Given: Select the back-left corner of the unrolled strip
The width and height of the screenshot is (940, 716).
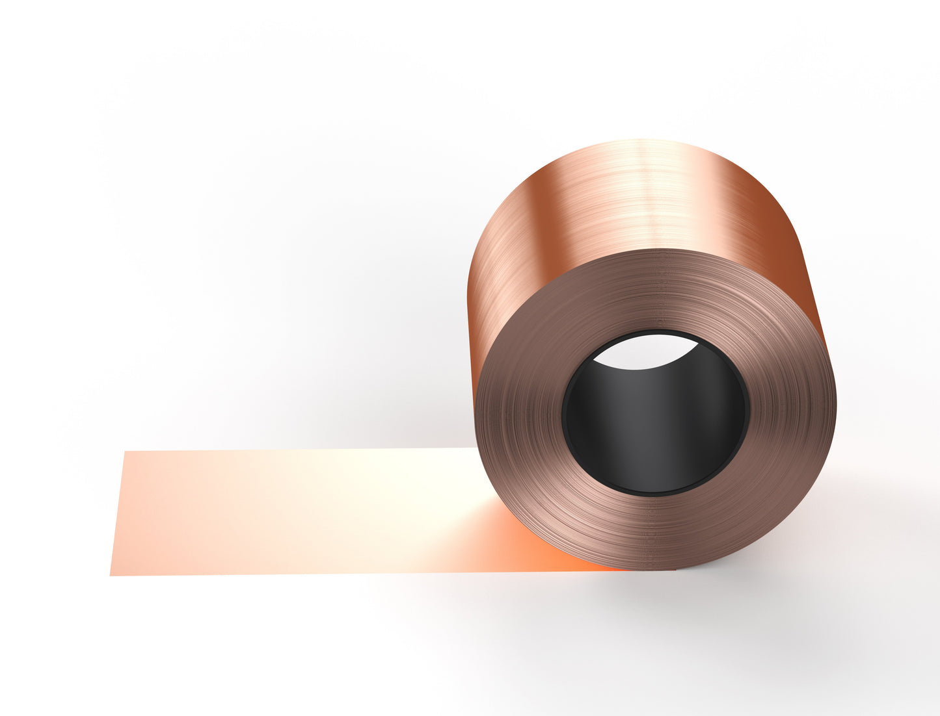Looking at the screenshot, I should (x=125, y=452).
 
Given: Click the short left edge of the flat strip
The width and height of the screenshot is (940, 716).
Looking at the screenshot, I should (x=118, y=513).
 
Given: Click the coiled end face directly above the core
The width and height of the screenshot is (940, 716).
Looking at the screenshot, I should (x=654, y=292).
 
